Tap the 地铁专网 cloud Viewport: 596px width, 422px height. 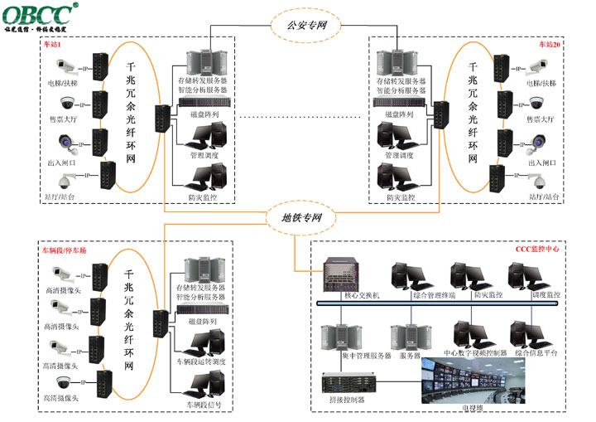coord(296,219)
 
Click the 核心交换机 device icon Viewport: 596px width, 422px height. coord(339,272)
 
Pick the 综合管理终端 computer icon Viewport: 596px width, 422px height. coord(410,276)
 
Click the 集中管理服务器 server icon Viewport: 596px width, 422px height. coord(342,335)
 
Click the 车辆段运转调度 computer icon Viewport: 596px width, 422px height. coord(206,343)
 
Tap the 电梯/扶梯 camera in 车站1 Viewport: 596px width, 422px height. coord(66,66)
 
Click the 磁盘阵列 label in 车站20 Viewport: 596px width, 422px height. coord(401,114)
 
